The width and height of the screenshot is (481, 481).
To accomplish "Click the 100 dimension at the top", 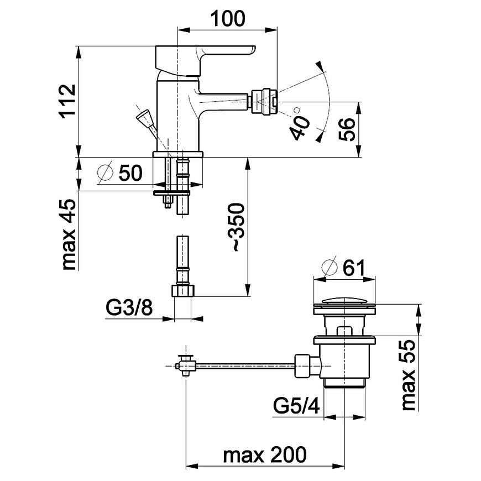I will [x=227, y=19].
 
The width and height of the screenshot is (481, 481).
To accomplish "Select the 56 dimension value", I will [x=346, y=130].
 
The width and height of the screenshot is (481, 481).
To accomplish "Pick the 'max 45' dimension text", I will [x=69, y=234].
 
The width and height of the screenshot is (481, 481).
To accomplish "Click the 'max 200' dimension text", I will [x=264, y=456].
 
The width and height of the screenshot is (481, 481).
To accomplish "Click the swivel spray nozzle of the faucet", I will [x=264, y=102].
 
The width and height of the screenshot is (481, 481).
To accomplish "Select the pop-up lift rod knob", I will [x=145, y=117].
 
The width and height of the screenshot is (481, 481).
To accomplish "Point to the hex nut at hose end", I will [x=182, y=291].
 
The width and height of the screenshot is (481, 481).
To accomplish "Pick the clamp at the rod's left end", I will [x=186, y=365].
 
